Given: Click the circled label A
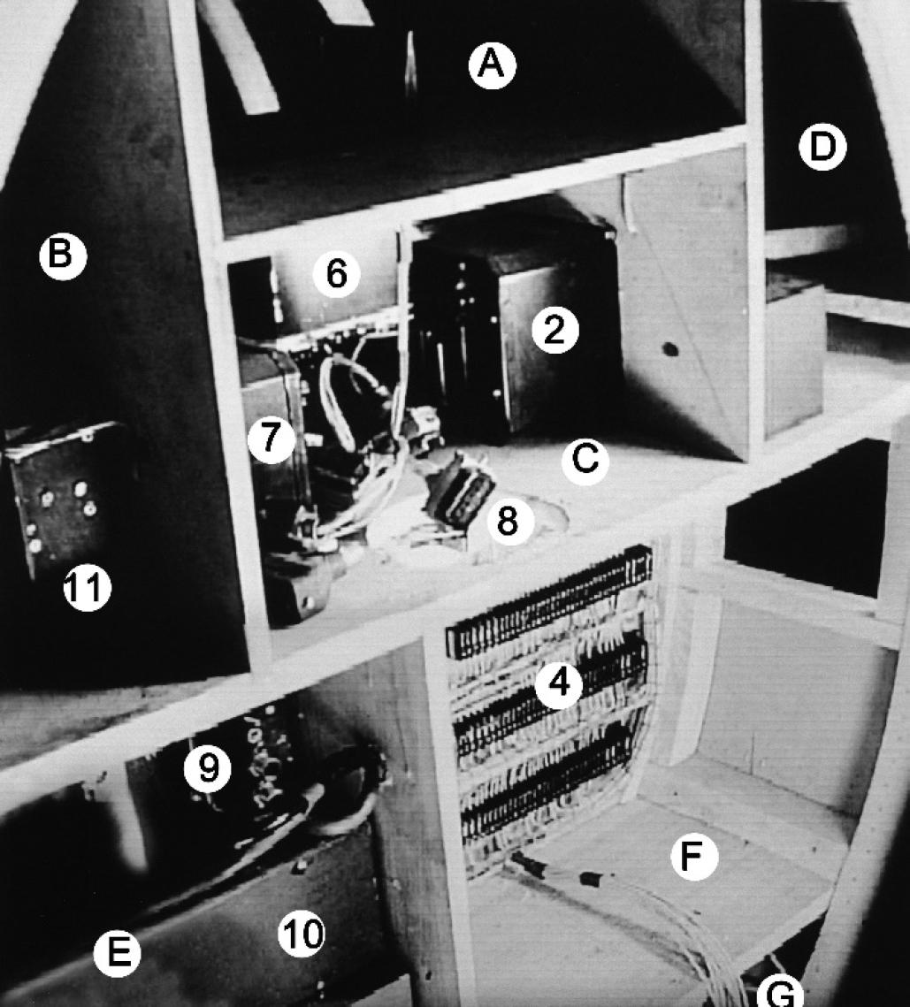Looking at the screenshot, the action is [492, 65].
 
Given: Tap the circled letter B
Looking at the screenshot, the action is [62, 255].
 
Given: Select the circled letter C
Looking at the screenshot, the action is [585, 461].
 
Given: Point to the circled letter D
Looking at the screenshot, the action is [822, 147].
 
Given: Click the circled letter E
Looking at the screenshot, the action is [117, 952].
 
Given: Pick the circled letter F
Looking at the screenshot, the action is [693, 856].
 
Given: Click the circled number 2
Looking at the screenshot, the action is [554, 330].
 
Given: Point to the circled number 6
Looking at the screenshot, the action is [337, 274].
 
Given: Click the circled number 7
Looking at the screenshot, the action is [271, 439].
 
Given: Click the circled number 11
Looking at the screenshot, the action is [88, 587].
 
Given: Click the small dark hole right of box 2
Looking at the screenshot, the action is [669, 349].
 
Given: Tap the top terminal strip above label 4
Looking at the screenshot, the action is [549, 604].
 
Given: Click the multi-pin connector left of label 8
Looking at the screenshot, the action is [456, 492].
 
